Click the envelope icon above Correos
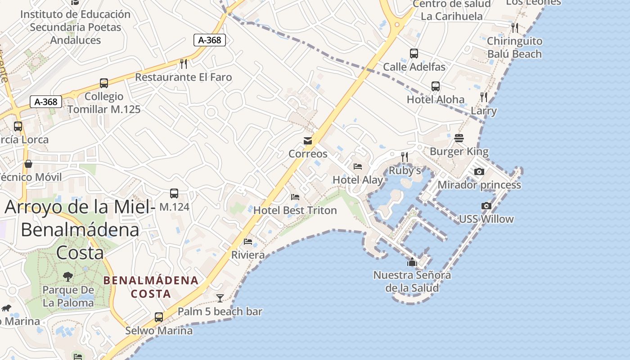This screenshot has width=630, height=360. point(308,141)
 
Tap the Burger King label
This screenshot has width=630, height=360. point(459,152)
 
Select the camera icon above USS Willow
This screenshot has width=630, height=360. point(486,206)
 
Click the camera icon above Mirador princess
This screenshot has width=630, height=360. point(479,171)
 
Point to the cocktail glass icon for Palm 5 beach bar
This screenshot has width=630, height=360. point(220,298)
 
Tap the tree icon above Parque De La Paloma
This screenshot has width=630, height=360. point(68,276)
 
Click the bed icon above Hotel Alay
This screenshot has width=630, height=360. point(358,166)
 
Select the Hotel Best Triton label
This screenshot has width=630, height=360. point(295,210)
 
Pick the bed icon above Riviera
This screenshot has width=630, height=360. point(248,242)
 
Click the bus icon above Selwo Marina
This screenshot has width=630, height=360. point(159,317)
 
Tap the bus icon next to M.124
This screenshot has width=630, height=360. point(174,193)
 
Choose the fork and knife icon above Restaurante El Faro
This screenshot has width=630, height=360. point(183,63)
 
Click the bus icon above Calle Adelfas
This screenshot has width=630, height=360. point(414,54)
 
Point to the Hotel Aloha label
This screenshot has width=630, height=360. point(435,99)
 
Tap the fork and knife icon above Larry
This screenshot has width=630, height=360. point(484,97)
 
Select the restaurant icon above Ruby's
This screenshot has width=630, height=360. point(405,157)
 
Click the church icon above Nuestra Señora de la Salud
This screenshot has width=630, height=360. point(412,262)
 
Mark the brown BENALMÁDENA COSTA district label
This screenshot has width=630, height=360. point(151,287)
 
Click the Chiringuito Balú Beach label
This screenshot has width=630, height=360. point(514,48)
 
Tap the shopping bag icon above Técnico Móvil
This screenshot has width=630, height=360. point(28,164)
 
